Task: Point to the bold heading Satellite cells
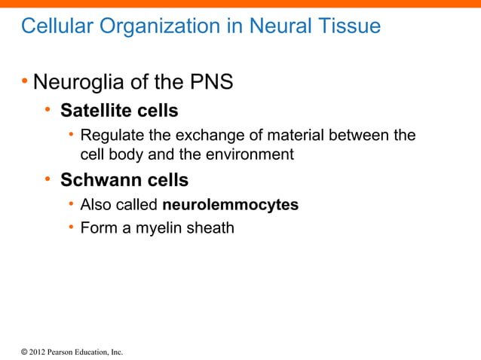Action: tap(119, 111)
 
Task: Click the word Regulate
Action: tap(111, 136)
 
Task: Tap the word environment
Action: tap(252, 155)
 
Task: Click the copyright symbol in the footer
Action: tap(23, 352)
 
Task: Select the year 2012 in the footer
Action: tap(38, 352)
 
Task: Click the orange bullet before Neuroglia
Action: tap(25, 80)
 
